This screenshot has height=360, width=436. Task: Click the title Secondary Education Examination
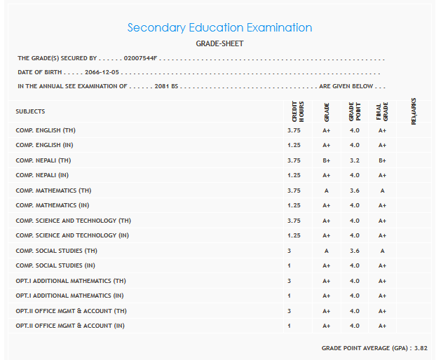(x=219, y=28)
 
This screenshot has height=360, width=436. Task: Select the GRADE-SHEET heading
(x=219, y=43)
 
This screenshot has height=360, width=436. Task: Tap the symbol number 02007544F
(x=141, y=58)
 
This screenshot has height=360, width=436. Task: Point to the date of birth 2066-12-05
(x=103, y=72)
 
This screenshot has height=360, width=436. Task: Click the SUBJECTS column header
(x=30, y=111)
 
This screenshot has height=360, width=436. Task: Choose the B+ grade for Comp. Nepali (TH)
(x=326, y=160)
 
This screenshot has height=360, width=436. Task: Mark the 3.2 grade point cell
(x=354, y=160)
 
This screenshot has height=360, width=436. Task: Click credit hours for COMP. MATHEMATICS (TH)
(x=294, y=191)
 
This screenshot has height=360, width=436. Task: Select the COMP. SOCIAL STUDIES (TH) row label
(x=57, y=251)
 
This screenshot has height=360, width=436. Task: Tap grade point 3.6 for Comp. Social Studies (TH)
(x=354, y=251)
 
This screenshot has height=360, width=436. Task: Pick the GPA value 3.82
(x=421, y=347)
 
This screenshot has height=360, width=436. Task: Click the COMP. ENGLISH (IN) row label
(x=48, y=145)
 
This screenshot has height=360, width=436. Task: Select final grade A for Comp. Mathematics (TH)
(x=382, y=191)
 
